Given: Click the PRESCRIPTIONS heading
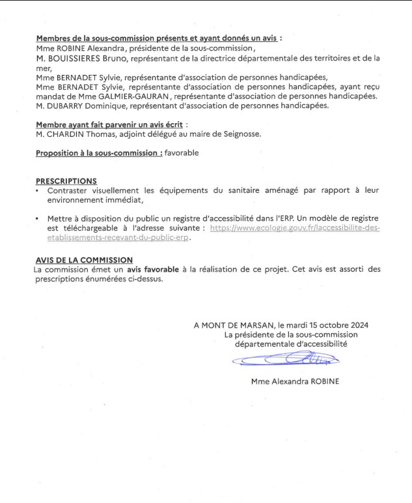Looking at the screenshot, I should [66, 181].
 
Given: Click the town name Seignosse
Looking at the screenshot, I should [241, 134].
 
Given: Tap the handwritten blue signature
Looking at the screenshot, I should [286, 358].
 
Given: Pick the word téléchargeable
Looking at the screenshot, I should [97, 229].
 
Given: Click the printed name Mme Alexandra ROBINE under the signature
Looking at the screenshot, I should [294, 381].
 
